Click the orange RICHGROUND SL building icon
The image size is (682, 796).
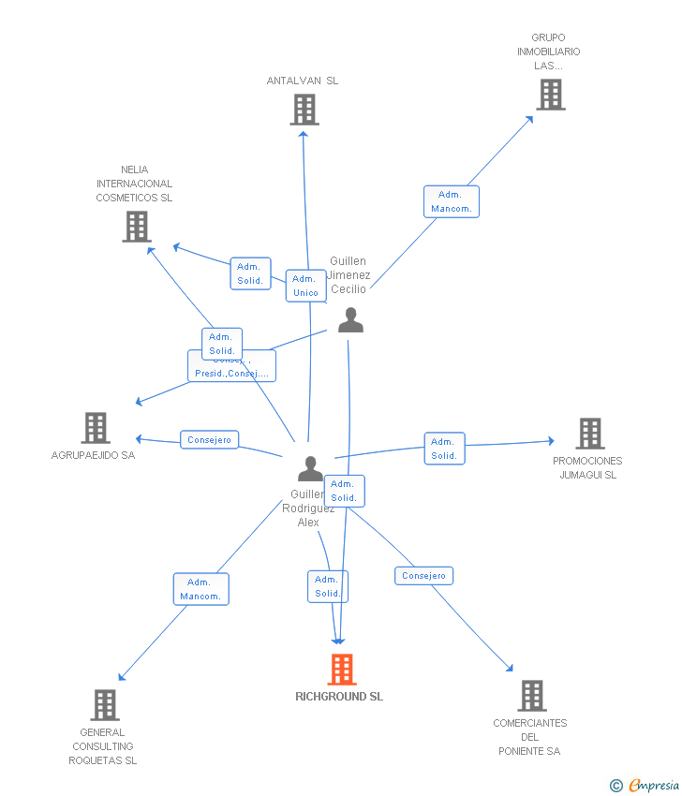pos(342,670)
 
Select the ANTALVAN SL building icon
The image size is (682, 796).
pos(304,110)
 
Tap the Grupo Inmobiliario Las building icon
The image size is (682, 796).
pos(550,95)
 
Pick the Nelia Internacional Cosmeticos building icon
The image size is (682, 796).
pos(137,227)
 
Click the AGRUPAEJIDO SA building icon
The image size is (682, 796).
pos(96,428)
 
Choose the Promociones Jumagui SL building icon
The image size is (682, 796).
pos(589,434)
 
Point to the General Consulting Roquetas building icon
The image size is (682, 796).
pos(105,705)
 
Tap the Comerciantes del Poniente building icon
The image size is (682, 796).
pos(531,696)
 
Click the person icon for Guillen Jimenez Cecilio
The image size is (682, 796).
pos(350,320)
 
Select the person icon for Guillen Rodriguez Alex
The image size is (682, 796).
pos(310,468)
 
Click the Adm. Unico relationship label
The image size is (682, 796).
pos(306,286)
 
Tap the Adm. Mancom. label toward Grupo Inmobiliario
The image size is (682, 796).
pos(452,201)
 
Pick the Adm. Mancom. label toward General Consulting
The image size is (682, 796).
pos(200,589)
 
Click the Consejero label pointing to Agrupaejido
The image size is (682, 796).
pos(209,440)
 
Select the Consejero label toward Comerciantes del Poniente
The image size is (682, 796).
pos(423,576)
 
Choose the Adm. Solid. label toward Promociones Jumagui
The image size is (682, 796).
pos(444,449)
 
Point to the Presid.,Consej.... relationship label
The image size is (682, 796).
pos(231,372)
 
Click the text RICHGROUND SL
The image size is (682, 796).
pos(339,697)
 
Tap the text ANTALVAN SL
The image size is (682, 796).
pos(303,81)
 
